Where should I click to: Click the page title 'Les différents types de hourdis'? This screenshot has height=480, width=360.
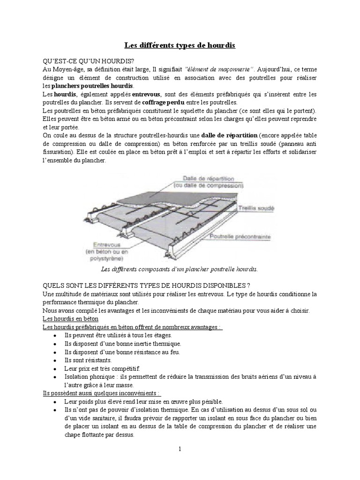tap(180, 45)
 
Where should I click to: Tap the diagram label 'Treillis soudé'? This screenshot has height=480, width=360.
tap(256, 208)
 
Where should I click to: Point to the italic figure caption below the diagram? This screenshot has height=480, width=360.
tap(180, 270)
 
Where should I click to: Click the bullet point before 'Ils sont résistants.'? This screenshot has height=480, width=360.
tap(55, 360)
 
